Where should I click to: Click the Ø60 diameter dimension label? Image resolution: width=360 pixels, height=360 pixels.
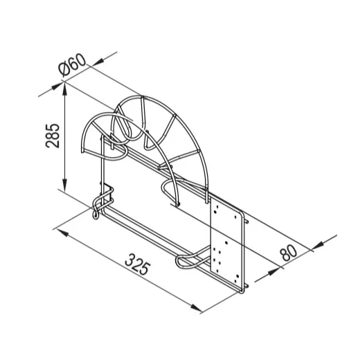point(72,66)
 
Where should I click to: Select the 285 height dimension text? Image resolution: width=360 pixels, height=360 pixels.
point(53,136)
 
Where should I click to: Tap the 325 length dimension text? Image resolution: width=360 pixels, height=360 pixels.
point(138,264)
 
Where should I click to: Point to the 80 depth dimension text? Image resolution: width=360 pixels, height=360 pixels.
point(289,253)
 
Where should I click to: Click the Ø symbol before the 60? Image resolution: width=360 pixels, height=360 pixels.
point(64,69)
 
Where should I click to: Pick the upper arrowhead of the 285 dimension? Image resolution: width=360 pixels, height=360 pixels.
point(65,89)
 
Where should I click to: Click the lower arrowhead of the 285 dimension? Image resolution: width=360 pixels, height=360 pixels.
point(65,184)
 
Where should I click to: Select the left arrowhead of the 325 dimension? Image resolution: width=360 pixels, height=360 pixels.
point(62,233)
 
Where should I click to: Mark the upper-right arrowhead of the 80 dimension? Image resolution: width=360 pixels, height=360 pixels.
point(318,246)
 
